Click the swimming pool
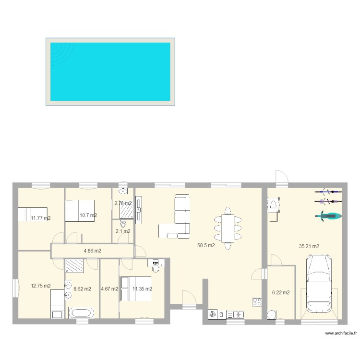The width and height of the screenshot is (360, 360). pos(110,72)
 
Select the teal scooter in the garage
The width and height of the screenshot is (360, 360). pos(329,216)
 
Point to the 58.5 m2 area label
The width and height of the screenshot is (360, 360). pos(206,245)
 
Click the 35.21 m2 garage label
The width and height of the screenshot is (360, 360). pos(309,246)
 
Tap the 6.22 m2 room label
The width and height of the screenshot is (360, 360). pos(281,292)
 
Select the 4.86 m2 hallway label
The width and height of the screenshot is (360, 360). pos(93,251)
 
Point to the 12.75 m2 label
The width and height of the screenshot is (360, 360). pos(40,286)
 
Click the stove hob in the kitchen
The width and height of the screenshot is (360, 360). pos(257,302)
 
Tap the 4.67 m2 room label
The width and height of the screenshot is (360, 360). pos(109,289)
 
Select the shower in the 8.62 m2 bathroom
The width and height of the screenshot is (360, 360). pos(74,266)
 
